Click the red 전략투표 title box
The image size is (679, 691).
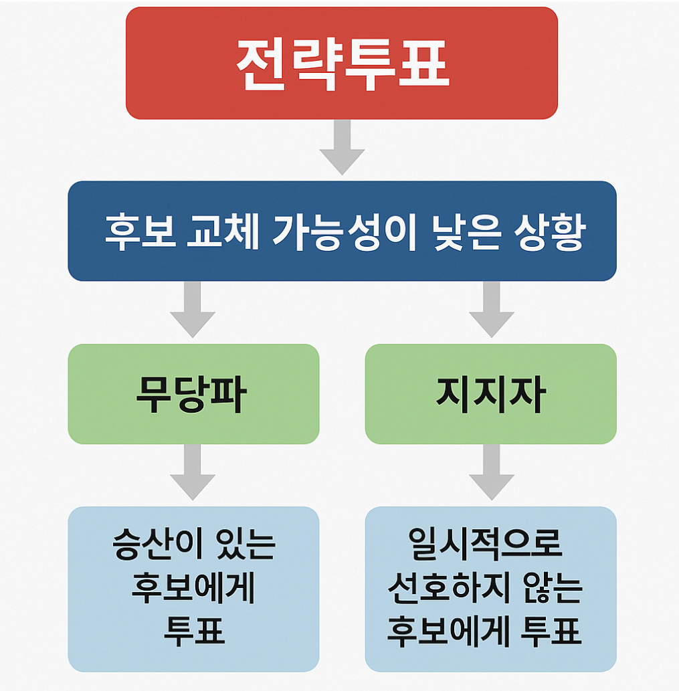coord(341,64)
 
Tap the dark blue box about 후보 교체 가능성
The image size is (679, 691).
coord(341,231)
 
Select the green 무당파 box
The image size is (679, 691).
coord(193,394)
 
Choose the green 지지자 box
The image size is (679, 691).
coord(490,394)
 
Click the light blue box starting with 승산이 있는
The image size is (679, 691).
coord(193,589)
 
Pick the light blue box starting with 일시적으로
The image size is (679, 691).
coord(490,589)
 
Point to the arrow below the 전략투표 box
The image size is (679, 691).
coord(342,148)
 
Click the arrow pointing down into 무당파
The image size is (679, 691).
coord(193,310)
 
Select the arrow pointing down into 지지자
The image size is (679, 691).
coord(491,310)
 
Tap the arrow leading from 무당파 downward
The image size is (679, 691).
coord(193,474)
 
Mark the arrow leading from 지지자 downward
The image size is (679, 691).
coord(491,474)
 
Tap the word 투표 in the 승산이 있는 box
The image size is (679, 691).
coord(194,631)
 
